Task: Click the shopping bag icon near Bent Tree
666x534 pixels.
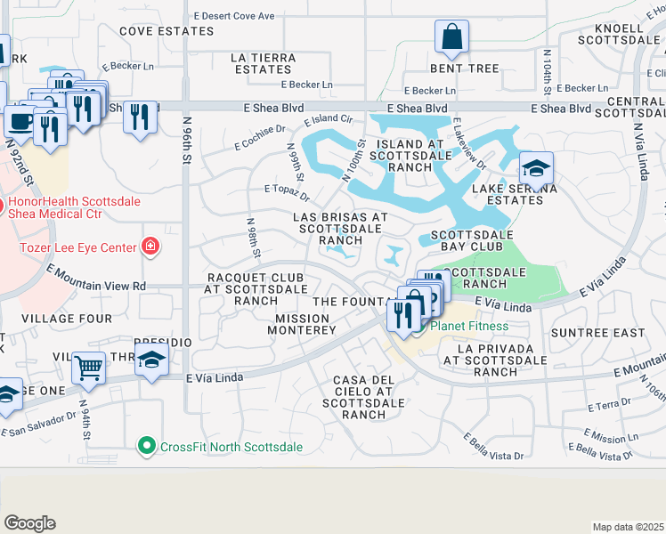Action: click(x=452, y=38)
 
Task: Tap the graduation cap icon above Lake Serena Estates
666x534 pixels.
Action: click(x=536, y=168)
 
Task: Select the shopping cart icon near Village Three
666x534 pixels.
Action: click(x=89, y=367)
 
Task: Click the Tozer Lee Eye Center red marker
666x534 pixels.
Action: click(x=150, y=247)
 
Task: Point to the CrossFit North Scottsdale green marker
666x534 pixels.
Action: click(x=146, y=446)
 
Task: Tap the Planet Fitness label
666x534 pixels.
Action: click(x=469, y=326)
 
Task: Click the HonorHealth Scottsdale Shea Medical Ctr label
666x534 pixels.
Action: click(x=55, y=207)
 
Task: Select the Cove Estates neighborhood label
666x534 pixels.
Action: click(x=159, y=30)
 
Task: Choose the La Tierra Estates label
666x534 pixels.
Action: click(x=263, y=63)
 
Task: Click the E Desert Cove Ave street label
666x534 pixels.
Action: click(x=234, y=16)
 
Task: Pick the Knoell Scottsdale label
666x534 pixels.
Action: click(x=623, y=34)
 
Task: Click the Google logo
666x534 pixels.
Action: click(x=29, y=523)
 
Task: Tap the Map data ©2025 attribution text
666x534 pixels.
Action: click(x=629, y=527)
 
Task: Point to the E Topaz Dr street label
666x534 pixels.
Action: click(x=287, y=191)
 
